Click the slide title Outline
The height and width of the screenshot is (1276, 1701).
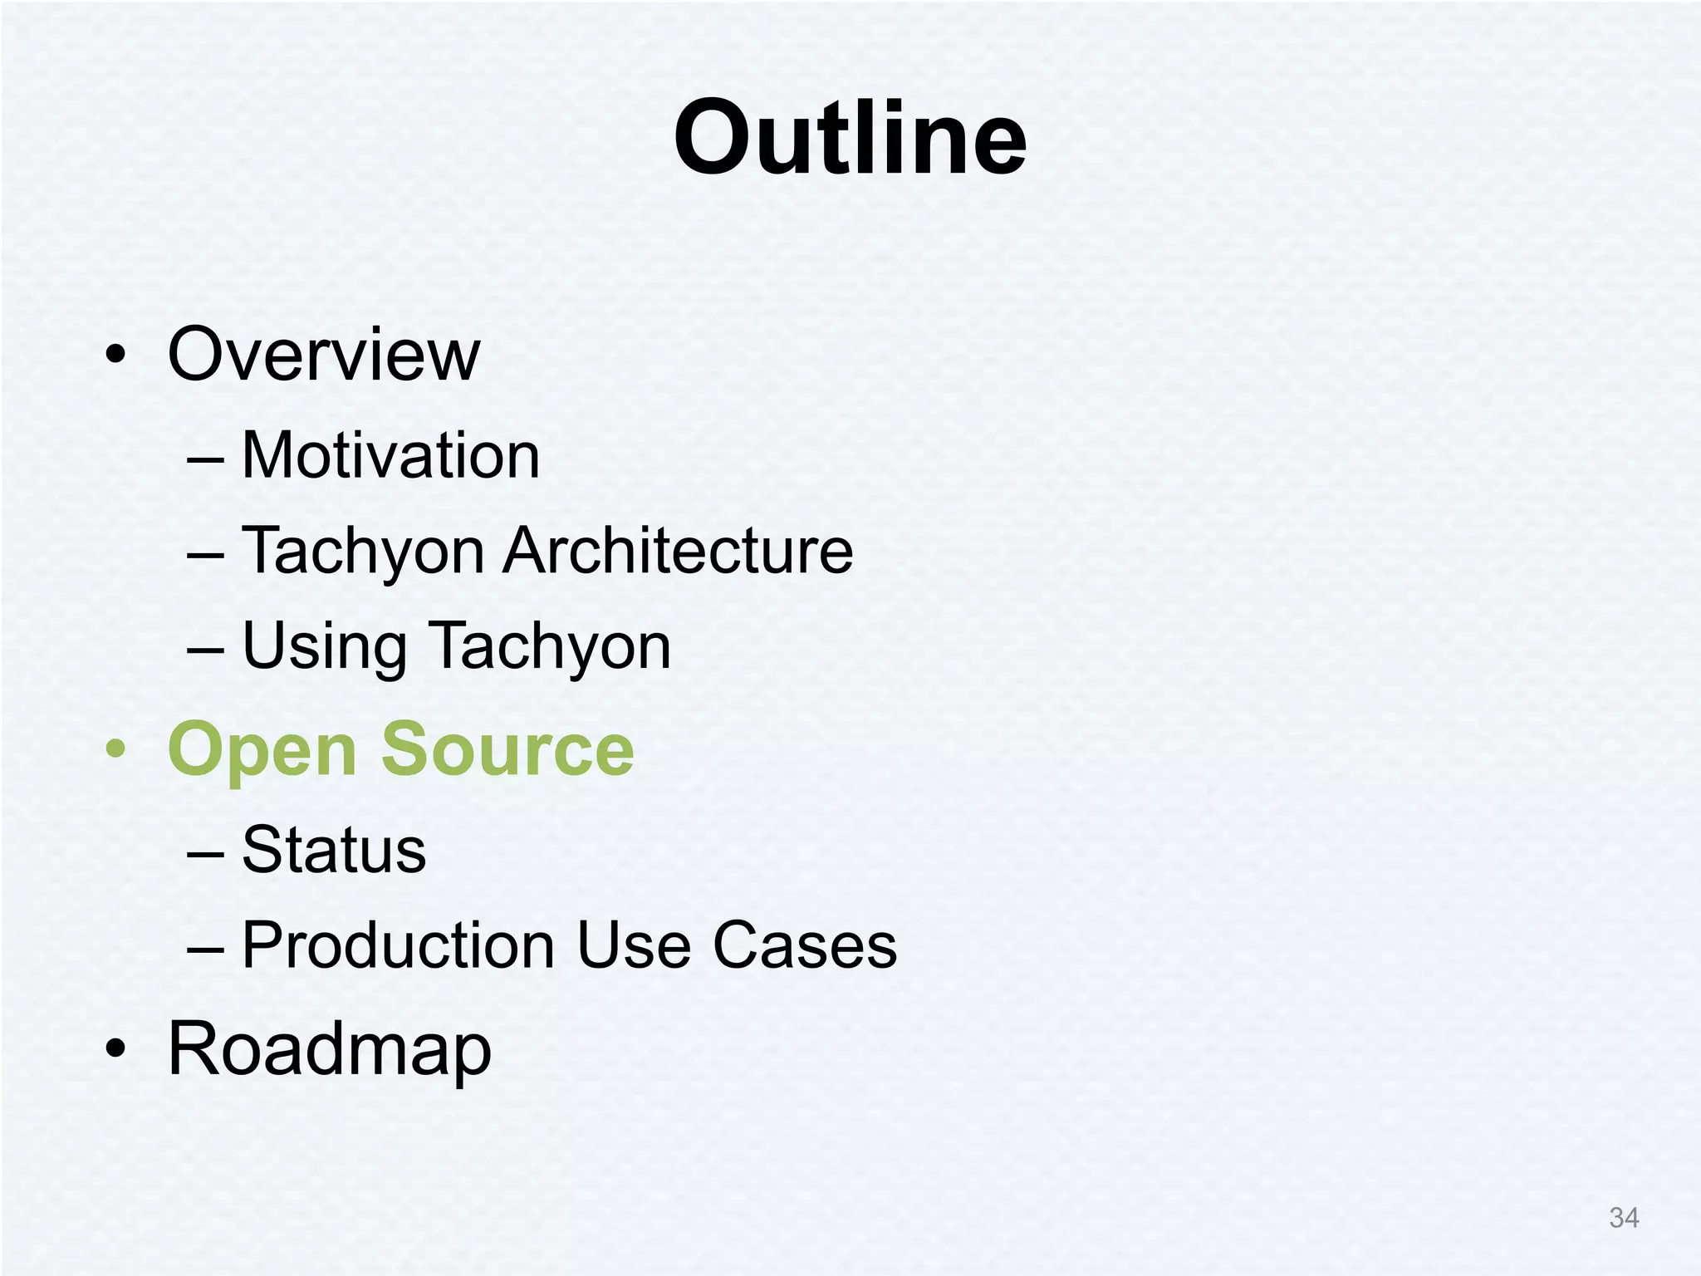[x=850, y=138]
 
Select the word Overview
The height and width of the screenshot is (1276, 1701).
[x=324, y=355]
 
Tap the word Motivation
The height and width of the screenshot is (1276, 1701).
[x=390, y=456]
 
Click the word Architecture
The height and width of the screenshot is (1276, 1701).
[x=678, y=551]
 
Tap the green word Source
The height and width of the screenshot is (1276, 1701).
[x=507, y=749]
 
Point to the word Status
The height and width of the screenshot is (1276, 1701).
[x=334, y=850]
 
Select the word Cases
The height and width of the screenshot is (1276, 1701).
[x=805, y=945]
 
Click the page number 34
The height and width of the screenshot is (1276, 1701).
[x=1624, y=1218]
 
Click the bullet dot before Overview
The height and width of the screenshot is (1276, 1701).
[x=116, y=356]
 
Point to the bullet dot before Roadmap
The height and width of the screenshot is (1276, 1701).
[x=116, y=1049]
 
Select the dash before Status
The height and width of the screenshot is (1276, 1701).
[x=205, y=854]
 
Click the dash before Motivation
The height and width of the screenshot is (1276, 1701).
[x=205, y=459]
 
